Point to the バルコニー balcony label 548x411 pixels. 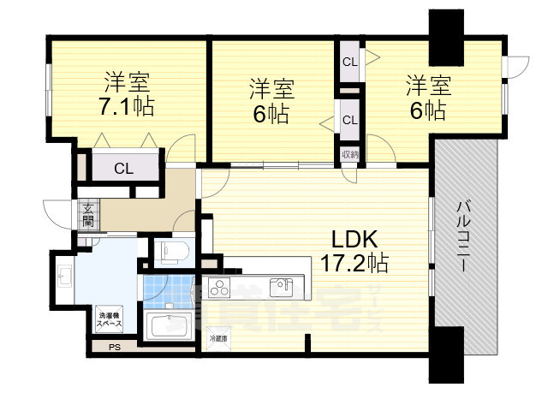point(462,235)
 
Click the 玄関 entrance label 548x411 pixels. point(88,214)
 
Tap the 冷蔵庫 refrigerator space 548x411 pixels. point(218,337)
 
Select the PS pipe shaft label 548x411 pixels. point(113,347)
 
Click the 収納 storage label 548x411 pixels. point(349,155)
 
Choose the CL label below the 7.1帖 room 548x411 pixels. point(124,169)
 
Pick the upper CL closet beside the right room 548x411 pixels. point(349,62)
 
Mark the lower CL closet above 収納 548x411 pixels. point(349,119)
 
